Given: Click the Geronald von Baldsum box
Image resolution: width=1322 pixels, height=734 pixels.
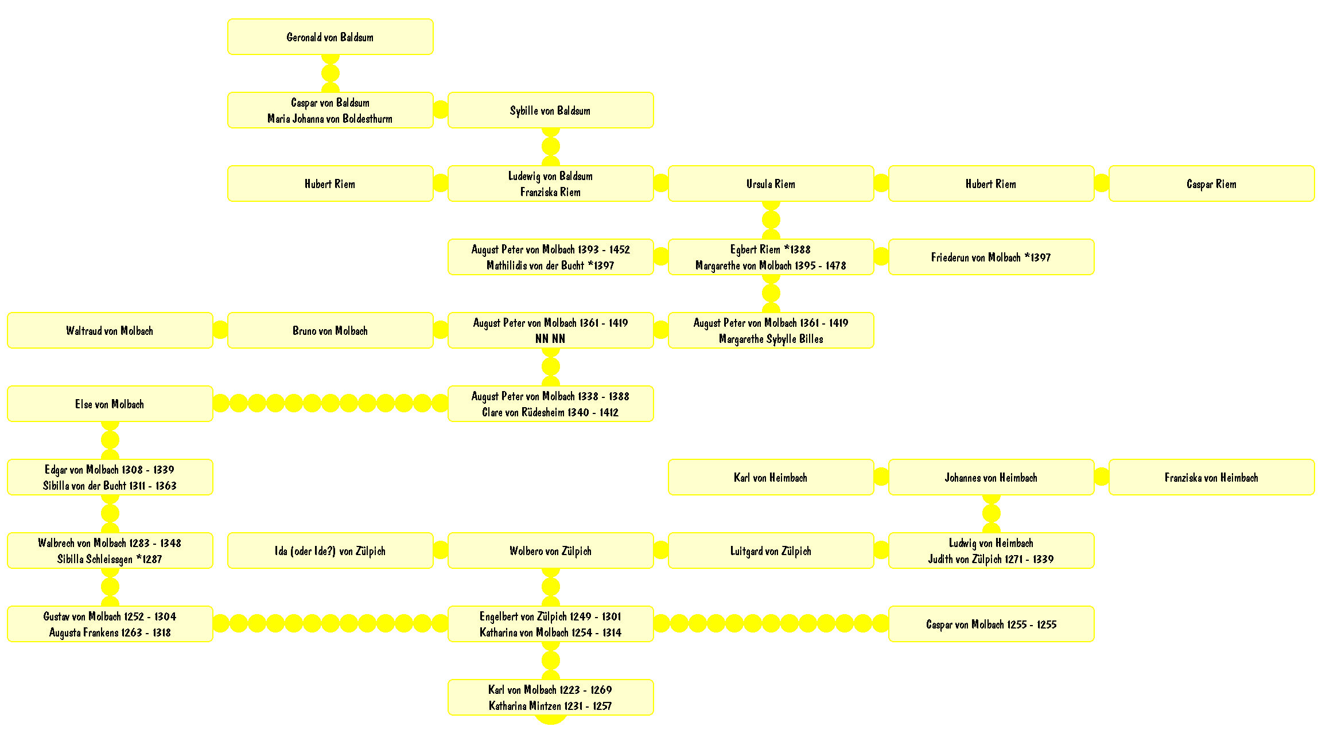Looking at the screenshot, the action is coord(330,37).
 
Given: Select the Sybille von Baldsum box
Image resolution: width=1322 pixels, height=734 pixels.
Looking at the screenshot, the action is coord(550,110).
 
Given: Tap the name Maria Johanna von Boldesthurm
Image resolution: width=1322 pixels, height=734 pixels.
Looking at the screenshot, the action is coord(330,119).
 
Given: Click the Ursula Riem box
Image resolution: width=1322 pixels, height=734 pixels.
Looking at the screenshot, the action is coord(771,183).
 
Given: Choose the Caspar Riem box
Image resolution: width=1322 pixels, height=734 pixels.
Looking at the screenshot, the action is coord(1211,183).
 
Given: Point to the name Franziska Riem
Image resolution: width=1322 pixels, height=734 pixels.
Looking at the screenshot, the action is coord(550,192).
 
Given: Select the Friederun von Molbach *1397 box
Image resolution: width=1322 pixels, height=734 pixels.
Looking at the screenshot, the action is coord(991,257).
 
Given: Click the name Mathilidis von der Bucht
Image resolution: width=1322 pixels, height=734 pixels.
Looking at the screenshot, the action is coord(535,266).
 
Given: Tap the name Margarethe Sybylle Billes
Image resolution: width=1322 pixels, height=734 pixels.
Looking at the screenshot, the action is coord(771,339).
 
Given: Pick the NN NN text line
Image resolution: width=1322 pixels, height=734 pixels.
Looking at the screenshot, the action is coord(550,339).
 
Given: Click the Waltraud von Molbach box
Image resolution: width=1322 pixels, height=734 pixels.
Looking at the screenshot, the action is coord(110,330).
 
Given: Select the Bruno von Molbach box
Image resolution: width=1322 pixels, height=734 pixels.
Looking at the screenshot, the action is coord(330,330).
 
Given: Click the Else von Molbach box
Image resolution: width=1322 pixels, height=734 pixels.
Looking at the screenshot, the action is coord(110,404).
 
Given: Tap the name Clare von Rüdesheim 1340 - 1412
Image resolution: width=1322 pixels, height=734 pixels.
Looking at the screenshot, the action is coord(550,412).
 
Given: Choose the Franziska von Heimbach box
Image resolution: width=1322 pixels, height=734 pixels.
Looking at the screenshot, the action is coord(1211,477).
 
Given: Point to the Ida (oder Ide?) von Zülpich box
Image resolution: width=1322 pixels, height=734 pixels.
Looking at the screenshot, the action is coord(330,550).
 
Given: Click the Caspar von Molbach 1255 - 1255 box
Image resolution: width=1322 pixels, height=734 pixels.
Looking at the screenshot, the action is coord(991,624).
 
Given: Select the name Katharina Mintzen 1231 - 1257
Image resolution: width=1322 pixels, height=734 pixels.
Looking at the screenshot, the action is coord(550,706).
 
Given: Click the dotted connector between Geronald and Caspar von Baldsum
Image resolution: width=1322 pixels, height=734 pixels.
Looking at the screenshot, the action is coord(330,73).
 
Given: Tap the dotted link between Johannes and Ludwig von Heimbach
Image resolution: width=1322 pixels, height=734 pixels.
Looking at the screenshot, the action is coord(991,514).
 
